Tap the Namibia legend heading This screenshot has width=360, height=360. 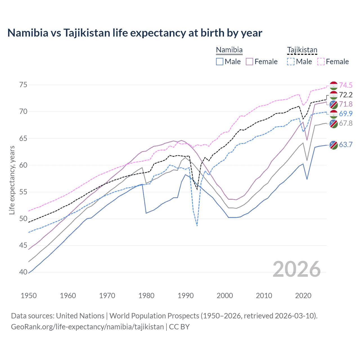tap(229, 50)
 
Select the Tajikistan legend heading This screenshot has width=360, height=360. tap(302, 50)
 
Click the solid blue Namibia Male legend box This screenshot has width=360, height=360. tap(220, 62)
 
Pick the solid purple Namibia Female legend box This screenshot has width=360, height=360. tap(249, 62)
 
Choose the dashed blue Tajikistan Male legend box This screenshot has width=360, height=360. tap(291, 62)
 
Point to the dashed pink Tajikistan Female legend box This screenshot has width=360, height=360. tap(321, 62)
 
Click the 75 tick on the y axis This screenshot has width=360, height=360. tap(24, 85)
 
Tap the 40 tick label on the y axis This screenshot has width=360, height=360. tap(24, 272)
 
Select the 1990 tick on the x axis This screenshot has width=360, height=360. tap(186, 296)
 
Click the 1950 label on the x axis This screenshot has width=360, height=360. tap(29, 296)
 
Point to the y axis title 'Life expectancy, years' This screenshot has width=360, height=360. tap(12, 180)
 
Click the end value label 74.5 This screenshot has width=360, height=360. tap(346, 85)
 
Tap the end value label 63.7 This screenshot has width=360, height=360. tap(346, 145)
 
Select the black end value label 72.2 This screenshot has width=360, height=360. tap(346, 95)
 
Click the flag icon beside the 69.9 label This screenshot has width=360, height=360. tap(334, 114)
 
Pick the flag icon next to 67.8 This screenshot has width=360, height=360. tap(334, 123)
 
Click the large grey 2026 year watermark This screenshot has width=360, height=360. tap(296, 269)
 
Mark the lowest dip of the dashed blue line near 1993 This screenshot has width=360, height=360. tap(197, 226)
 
